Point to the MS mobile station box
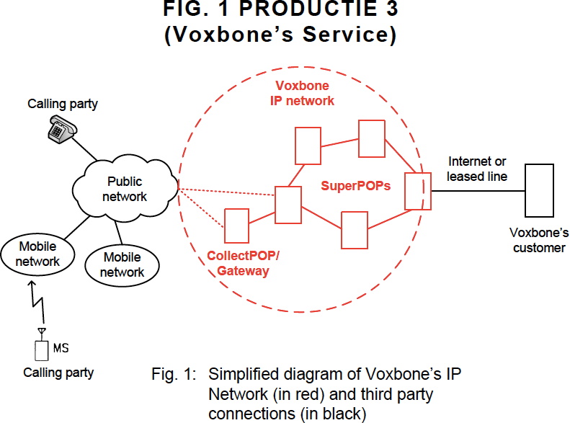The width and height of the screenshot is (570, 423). click(x=41, y=350)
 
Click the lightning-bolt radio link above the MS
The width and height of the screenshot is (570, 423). click(x=39, y=302)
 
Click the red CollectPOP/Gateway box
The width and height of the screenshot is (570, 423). click(x=236, y=226)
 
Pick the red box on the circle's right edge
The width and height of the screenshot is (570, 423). click(x=417, y=191)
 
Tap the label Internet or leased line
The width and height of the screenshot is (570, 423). click(x=477, y=169)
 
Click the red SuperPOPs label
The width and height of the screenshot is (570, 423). click(x=355, y=186)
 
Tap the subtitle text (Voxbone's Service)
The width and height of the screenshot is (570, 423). click(x=280, y=35)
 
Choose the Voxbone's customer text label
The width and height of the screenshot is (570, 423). click(x=539, y=241)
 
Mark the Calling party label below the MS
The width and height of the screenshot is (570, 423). click(x=58, y=373)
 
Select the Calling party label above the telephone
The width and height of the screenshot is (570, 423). click(x=63, y=104)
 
